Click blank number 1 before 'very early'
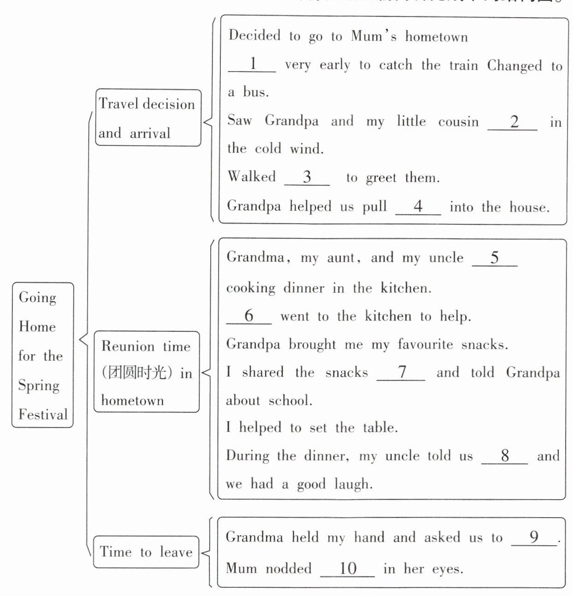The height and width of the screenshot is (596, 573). (x=252, y=64)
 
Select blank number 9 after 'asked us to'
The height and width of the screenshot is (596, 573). (x=534, y=537)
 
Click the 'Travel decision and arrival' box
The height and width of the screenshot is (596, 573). (x=148, y=118)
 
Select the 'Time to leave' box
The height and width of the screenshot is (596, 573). (x=146, y=552)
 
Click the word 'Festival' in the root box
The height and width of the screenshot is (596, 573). (x=43, y=414)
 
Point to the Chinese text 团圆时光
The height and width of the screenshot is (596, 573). (x=134, y=372)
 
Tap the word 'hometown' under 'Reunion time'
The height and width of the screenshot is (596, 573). (x=132, y=400)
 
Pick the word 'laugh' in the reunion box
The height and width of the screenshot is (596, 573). (x=352, y=484)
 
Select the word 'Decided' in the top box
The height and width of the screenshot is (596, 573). (x=254, y=36)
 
